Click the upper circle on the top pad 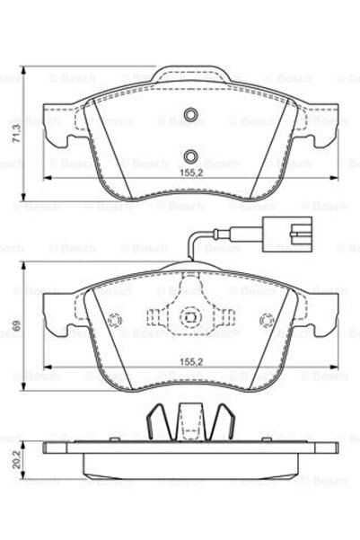189,115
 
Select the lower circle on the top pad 189,152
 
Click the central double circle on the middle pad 189,317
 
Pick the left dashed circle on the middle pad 112,323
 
